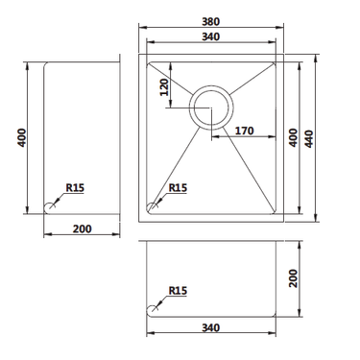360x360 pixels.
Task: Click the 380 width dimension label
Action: click(x=211, y=22)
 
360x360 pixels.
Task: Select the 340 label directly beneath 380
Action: click(x=211, y=36)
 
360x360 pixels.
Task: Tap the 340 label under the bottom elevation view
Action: click(x=211, y=327)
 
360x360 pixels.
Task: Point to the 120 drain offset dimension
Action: click(x=164, y=87)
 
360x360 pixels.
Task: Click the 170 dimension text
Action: click(x=245, y=131)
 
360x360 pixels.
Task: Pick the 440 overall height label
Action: click(x=308, y=138)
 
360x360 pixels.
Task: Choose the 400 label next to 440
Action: click(x=293, y=138)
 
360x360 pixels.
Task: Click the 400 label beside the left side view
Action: click(x=22, y=137)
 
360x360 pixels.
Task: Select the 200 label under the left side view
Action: click(x=83, y=228)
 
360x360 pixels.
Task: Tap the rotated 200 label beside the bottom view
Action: click(x=293, y=278)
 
